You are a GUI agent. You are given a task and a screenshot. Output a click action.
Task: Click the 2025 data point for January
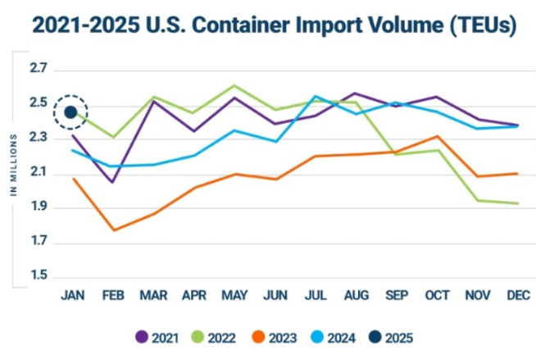coord(70,112)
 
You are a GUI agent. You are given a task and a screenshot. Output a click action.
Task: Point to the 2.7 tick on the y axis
coord(40,71)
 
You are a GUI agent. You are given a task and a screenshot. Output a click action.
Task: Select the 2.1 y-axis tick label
coord(40,174)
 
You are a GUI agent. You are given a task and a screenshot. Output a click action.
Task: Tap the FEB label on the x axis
coord(113,295)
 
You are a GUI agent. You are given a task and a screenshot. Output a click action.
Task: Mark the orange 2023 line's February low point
coord(113,230)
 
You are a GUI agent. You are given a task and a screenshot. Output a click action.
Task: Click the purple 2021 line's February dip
coord(113,182)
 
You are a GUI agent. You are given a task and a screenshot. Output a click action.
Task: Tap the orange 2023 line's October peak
coord(439,136)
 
